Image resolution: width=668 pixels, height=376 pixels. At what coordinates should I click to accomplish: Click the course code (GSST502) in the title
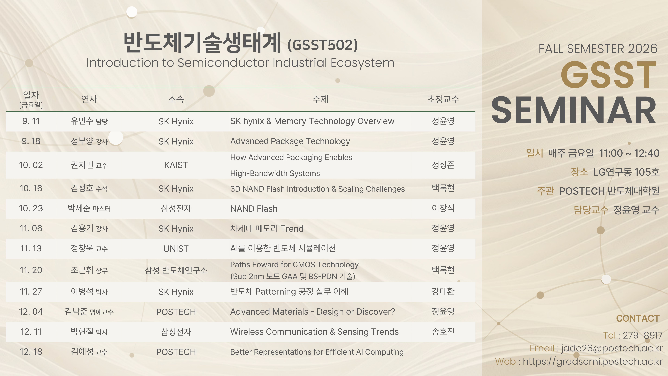pyautogui.click(x=323, y=45)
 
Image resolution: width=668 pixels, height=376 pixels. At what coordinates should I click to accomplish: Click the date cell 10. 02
pyautogui.click(x=31, y=165)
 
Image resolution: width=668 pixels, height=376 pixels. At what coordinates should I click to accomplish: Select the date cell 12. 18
pyautogui.click(x=31, y=352)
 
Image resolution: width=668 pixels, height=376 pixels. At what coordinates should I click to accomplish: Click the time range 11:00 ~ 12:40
pyautogui.click(x=629, y=153)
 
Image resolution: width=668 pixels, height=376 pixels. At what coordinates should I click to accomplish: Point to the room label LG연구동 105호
pyautogui.click(x=626, y=172)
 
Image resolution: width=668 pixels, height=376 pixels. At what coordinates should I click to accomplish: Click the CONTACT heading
pyautogui.click(x=638, y=318)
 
